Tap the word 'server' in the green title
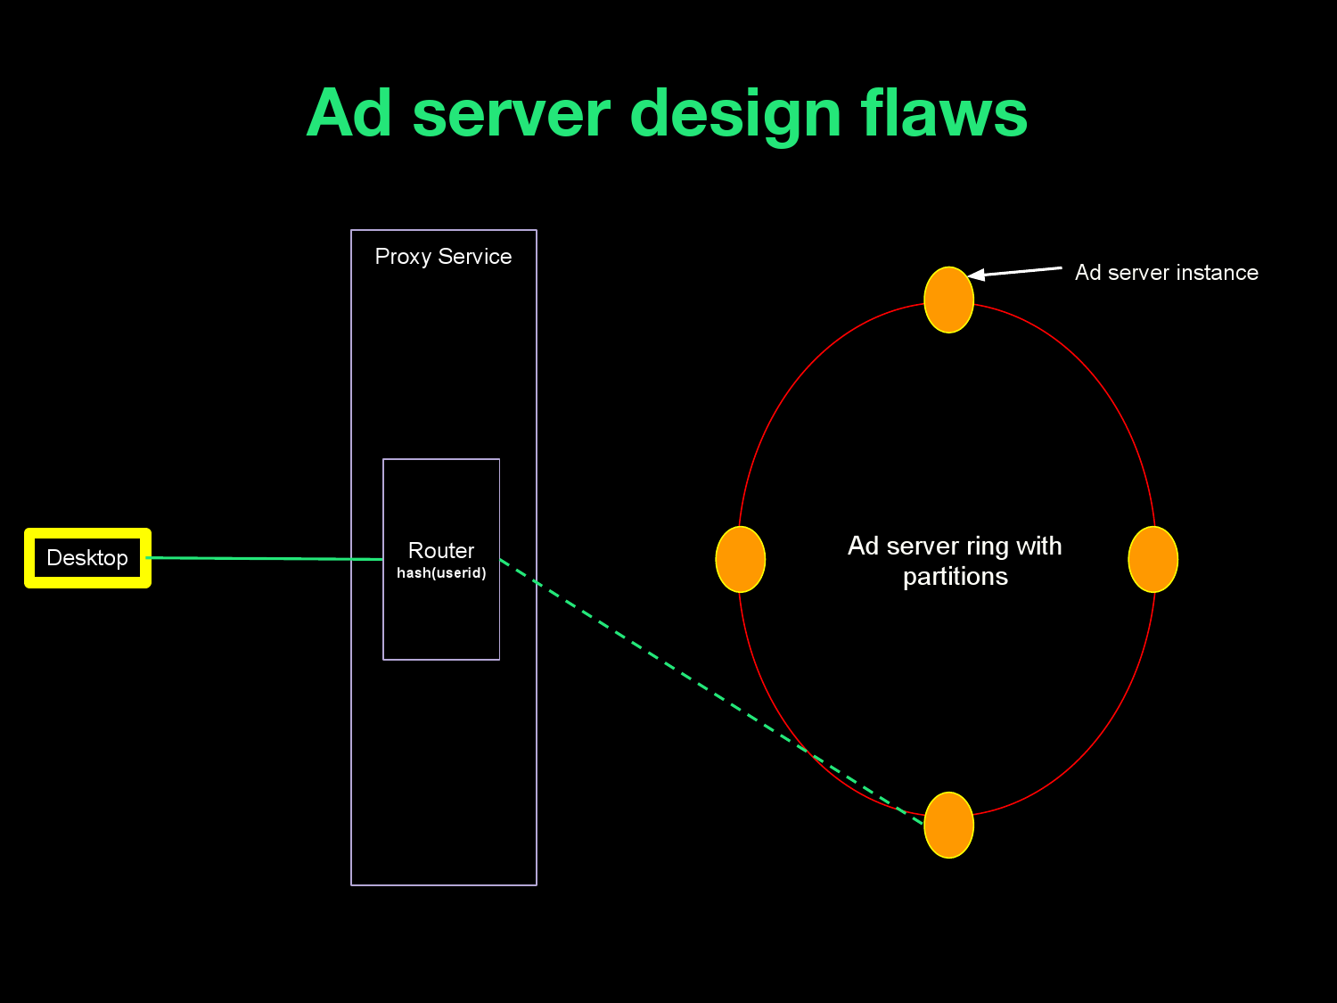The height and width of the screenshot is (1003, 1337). [511, 113]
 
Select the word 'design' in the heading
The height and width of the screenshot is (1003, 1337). [735, 115]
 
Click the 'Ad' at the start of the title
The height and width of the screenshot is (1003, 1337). [349, 113]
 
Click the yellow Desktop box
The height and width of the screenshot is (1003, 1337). [87, 558]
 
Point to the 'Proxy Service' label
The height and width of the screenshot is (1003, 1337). [443, 257]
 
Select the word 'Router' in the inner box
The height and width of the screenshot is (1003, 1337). [441, 550]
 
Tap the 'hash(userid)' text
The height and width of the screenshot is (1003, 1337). [441, 572]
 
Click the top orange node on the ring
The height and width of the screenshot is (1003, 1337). [948, 300]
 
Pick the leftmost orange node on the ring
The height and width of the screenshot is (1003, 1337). [741, 559]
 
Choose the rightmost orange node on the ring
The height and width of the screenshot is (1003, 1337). [1152, 559]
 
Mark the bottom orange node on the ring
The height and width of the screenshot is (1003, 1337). [948, 825]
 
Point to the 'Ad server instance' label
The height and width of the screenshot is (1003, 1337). [1166, 273]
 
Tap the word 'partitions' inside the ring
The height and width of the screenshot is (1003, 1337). [955, 577]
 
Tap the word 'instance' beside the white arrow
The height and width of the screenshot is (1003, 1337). [1217, 273]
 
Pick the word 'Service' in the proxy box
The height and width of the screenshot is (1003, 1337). [474, 257]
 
